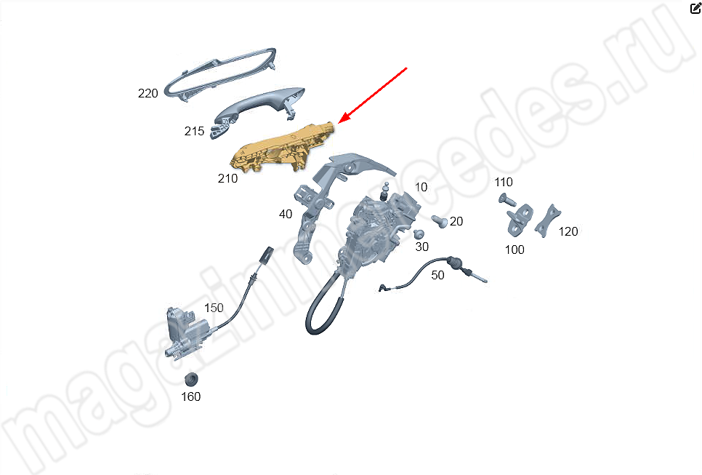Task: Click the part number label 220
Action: [148, 93]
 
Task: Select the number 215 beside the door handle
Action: [194, 131]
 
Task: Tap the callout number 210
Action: [227, 178]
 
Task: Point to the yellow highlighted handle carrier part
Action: [282, 148]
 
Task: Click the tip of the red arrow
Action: [339, 122]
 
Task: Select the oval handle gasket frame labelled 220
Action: [219, 74]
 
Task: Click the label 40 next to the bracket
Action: [286, 214]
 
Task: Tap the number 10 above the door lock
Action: [421, 188]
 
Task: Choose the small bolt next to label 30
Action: [419, 234]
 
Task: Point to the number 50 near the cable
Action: [438, 275]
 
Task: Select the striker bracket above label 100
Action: [520, 220]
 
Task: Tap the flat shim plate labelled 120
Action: [547, 220]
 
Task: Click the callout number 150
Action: [214, 308]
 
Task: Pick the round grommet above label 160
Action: [192, 379]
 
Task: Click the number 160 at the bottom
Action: [190, 396]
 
